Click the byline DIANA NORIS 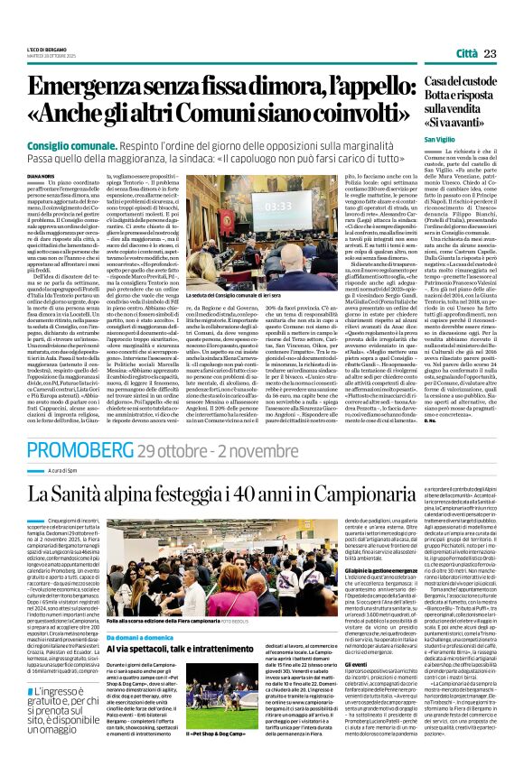pyautogui.click(x=42, y=177)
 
